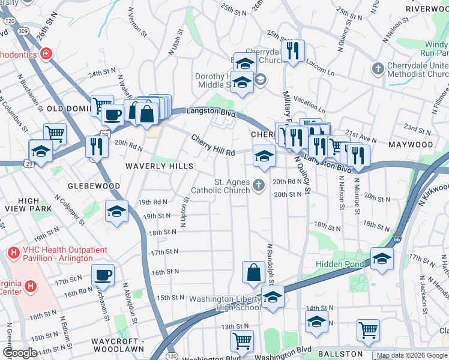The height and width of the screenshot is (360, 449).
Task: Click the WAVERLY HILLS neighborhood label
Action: (159, 166)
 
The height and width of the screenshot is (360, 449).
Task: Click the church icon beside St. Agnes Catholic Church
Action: (259, 185)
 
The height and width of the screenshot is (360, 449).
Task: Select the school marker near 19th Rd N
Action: (116, 211)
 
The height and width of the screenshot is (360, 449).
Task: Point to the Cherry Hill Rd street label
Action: (213, 146)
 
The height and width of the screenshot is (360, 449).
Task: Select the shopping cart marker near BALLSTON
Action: (368, 329)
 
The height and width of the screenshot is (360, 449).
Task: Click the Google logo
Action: (19, 352)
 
